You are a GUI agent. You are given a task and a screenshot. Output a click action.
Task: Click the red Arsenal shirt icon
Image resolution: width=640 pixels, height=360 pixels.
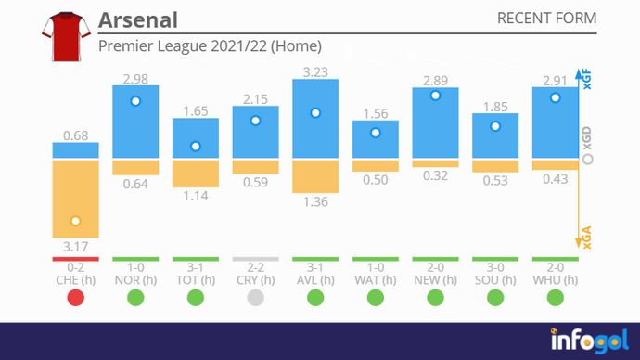click(62, 36)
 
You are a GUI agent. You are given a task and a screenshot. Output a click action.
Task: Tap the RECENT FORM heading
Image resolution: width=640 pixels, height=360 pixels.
click(546, 19)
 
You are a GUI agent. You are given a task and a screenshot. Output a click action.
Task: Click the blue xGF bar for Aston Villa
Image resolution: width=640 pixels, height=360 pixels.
click(315, 119)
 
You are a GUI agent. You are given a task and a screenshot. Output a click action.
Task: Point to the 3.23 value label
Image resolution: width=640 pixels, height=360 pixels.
click(315, 69)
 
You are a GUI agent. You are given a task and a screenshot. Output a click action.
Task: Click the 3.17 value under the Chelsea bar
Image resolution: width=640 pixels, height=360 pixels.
click(75, 247)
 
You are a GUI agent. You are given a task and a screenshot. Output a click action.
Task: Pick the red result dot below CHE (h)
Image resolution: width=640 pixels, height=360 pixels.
click(75, 298)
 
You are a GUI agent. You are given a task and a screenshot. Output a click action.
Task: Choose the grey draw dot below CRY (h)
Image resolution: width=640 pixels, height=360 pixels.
click(255, 298)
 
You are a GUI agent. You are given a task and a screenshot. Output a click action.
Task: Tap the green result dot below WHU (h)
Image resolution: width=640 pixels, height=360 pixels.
click(555, 298)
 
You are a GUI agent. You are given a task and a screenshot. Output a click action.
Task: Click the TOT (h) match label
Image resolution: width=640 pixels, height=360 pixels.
click(195, 280)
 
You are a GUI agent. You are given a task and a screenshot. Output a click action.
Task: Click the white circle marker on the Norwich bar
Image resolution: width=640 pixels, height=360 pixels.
click(135, 101)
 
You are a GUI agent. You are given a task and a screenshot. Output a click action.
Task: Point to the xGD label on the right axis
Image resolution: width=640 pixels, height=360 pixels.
click(586, 139)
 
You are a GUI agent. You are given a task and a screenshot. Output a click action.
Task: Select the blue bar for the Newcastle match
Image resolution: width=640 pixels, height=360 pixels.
click(435, 123)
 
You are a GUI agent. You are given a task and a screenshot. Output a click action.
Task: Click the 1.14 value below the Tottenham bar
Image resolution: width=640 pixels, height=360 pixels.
click(195, 196)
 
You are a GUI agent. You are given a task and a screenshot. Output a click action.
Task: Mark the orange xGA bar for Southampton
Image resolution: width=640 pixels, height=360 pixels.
click(495, 165)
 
